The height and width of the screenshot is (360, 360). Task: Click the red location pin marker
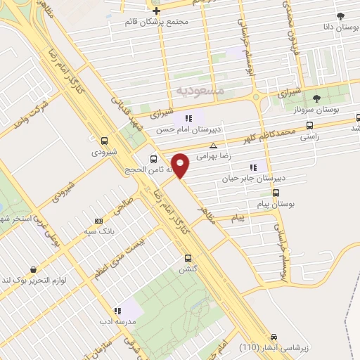(181, 165)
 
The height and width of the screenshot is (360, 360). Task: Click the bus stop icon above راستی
(309, 126)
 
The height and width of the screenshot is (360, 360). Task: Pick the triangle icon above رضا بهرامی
(213, 145)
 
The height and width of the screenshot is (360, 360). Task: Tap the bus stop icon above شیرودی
(105, 140)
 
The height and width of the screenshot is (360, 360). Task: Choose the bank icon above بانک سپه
(98, 219)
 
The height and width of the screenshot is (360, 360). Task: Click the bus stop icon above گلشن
(187, 258)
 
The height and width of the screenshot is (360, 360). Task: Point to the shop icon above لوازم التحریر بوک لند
(33, 269)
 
